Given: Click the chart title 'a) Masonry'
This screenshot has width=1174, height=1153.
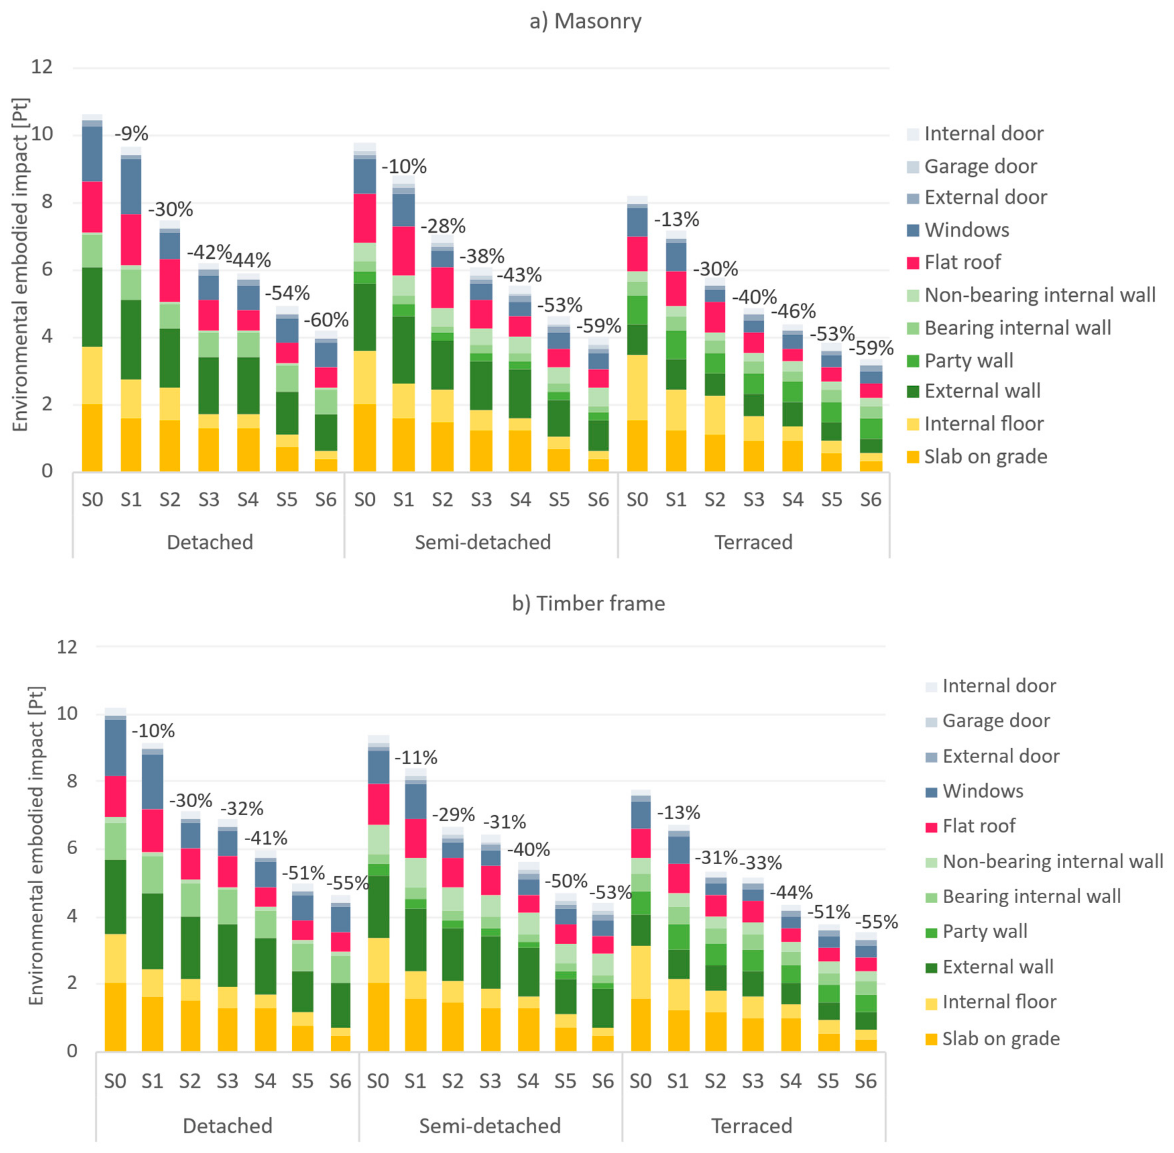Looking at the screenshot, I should click(585, 21).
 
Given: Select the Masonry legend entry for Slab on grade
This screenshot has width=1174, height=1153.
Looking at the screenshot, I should click(985, 457).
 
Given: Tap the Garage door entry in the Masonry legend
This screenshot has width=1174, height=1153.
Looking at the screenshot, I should click(980, 166).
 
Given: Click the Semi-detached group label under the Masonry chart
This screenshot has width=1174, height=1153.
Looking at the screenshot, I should click(482, 542).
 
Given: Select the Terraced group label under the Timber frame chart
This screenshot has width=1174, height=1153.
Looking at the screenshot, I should click(751, 1126).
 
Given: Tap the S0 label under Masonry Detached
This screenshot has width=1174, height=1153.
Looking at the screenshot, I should click(93, 500).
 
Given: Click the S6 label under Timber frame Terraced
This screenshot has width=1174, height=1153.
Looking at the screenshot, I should click(865, 1081).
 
